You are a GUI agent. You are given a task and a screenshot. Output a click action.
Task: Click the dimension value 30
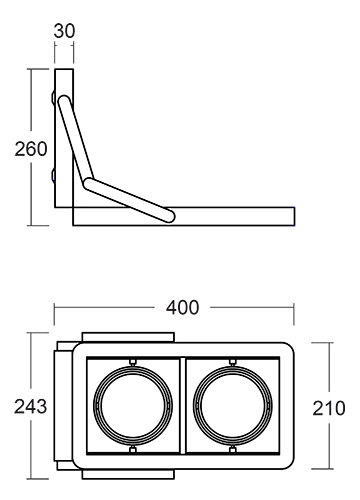(64, 31)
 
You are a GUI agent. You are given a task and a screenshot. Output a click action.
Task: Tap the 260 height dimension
(31, 149)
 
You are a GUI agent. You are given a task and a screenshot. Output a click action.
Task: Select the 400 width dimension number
(182, 307)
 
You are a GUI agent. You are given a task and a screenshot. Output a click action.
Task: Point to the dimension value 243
(30, 407)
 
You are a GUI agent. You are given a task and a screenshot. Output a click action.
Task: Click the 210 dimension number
(329, 408)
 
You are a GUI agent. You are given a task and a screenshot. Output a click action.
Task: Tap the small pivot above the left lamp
(133, 362)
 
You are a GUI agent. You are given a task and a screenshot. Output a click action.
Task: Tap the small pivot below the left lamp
(133, 450)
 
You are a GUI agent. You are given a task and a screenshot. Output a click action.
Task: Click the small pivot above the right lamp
(233, 362)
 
